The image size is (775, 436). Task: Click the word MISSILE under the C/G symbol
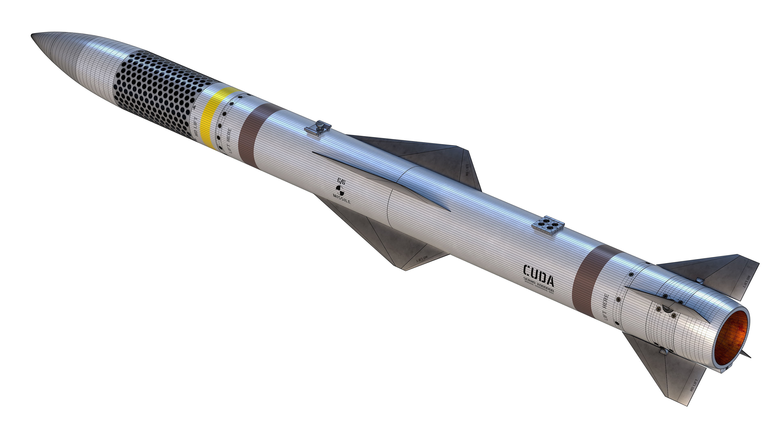click(x=342, y=199)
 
